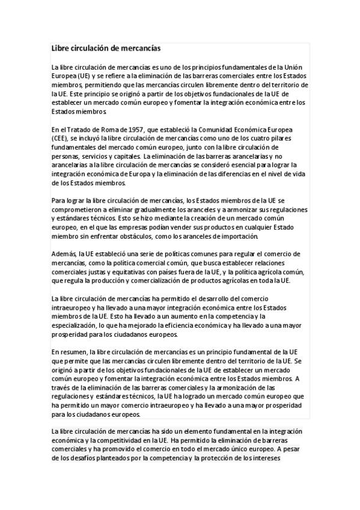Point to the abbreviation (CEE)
(x=60, y=138)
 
